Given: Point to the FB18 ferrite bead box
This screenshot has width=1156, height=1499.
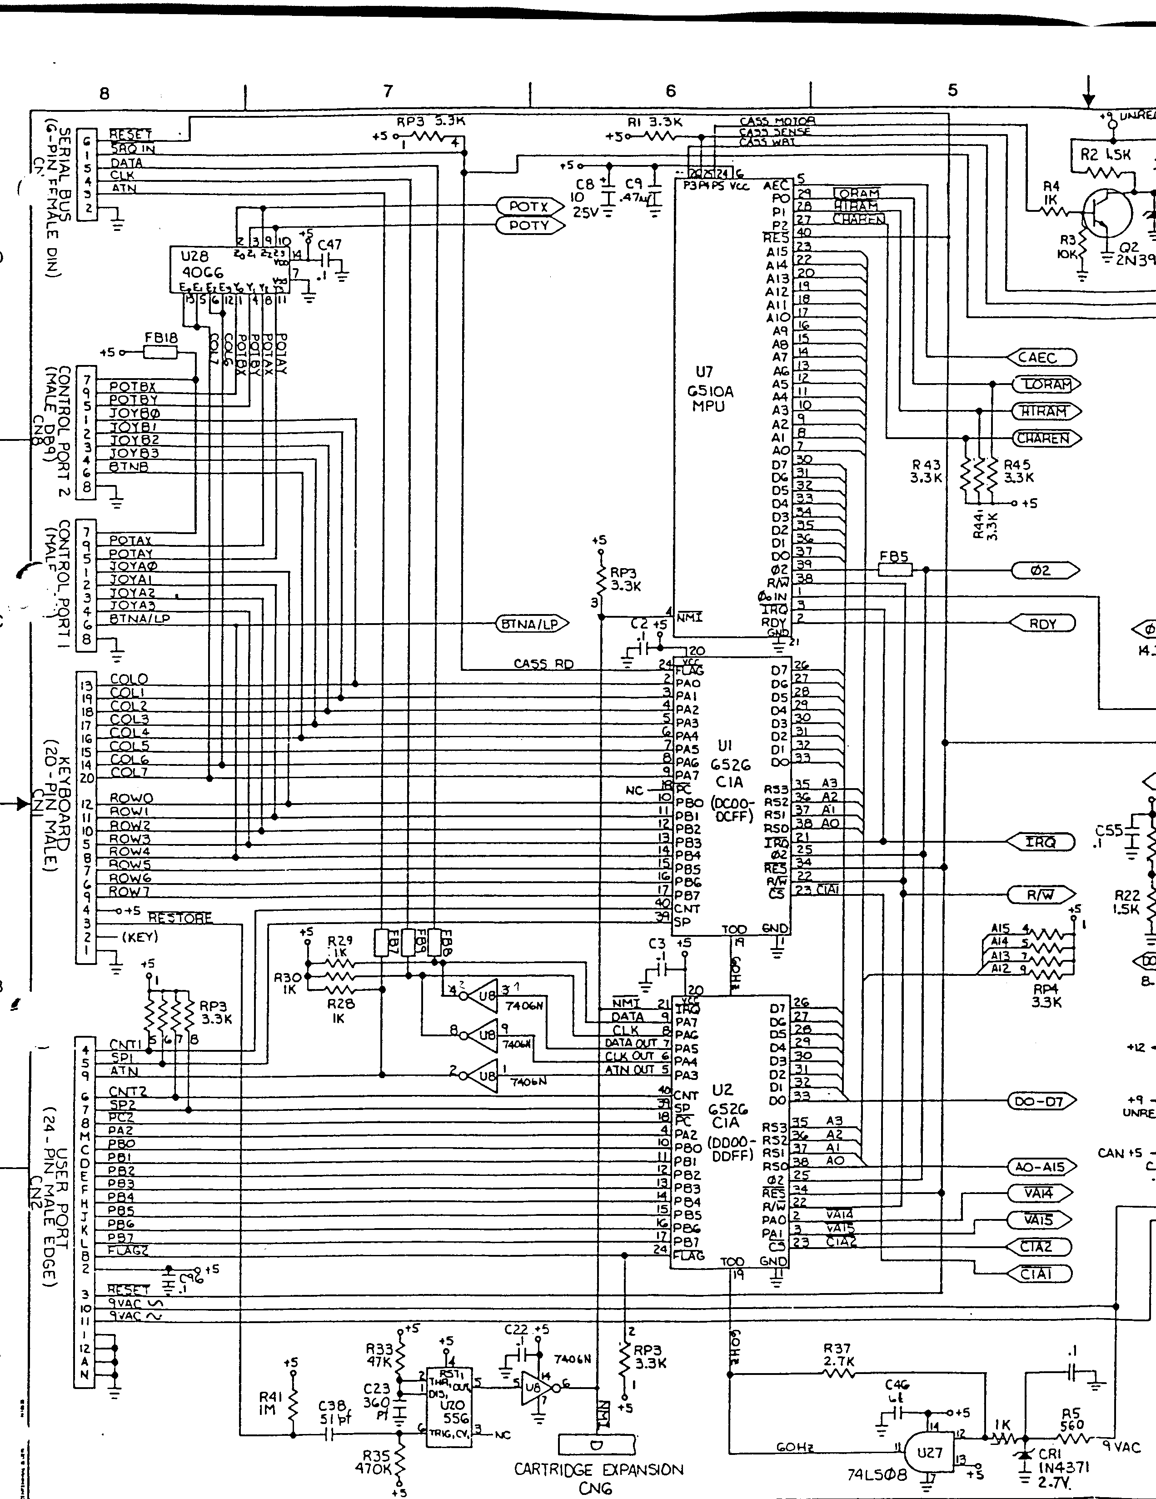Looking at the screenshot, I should click(x=160, y=353).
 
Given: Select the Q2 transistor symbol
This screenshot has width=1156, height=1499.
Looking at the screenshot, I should click(x=1106, y=215).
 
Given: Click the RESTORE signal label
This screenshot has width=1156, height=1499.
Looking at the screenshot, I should click(x=180, y=918).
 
